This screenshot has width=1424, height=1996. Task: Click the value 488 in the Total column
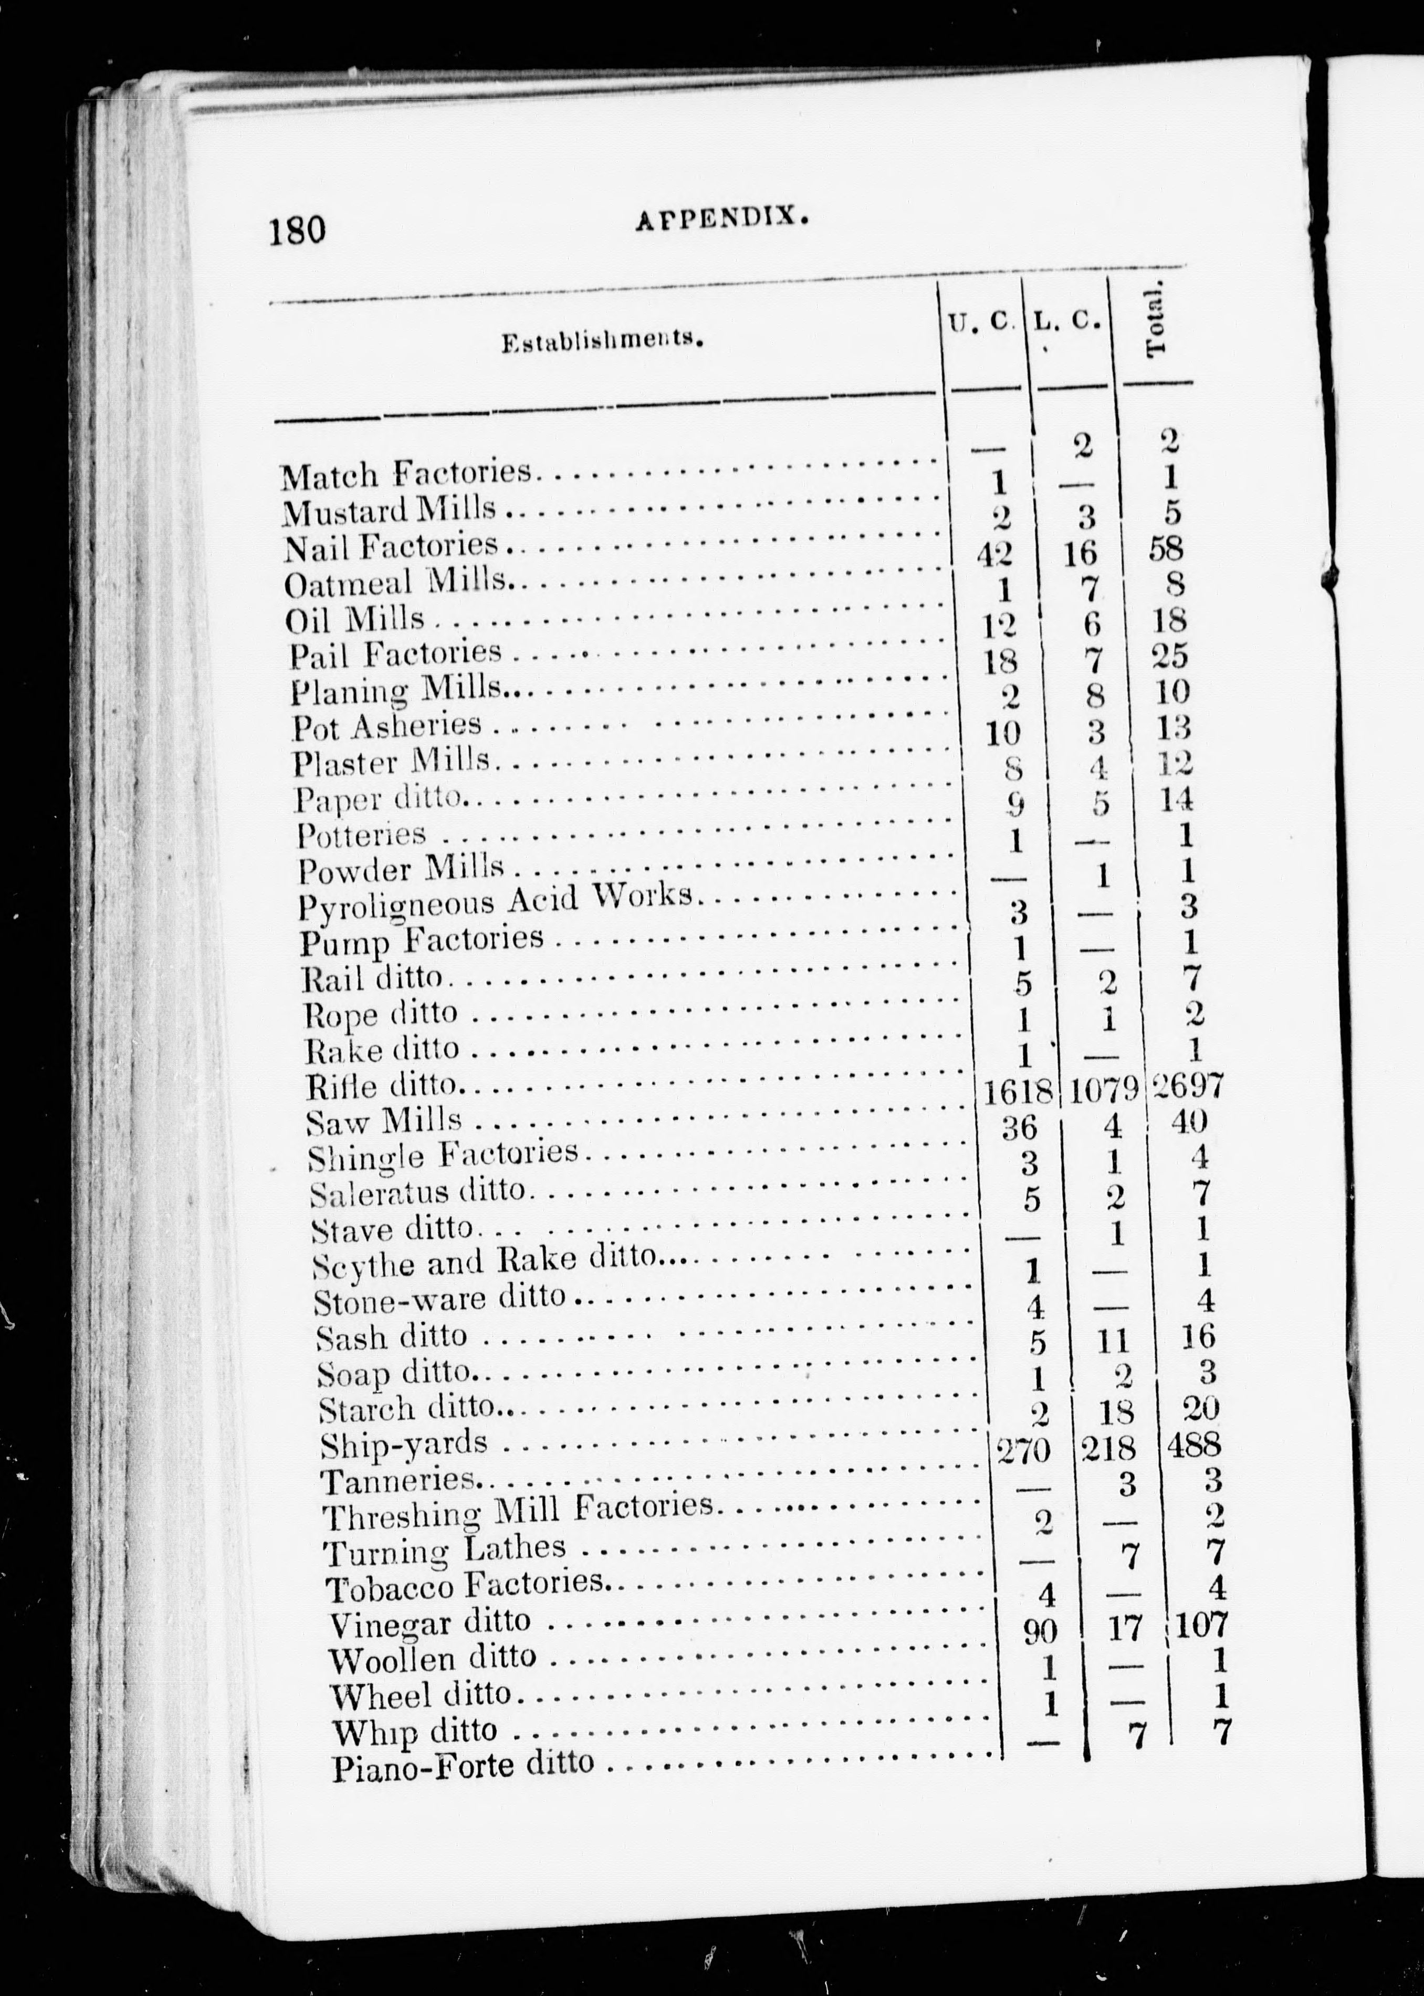coord(1194,1444)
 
